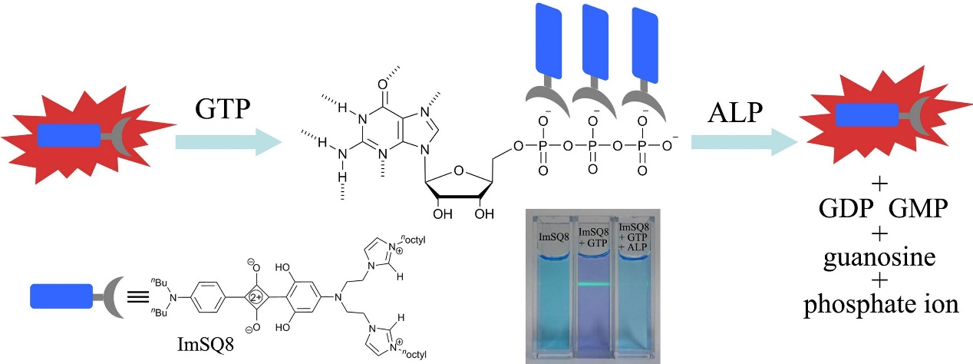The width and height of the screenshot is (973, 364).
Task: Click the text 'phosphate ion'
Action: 880,306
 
